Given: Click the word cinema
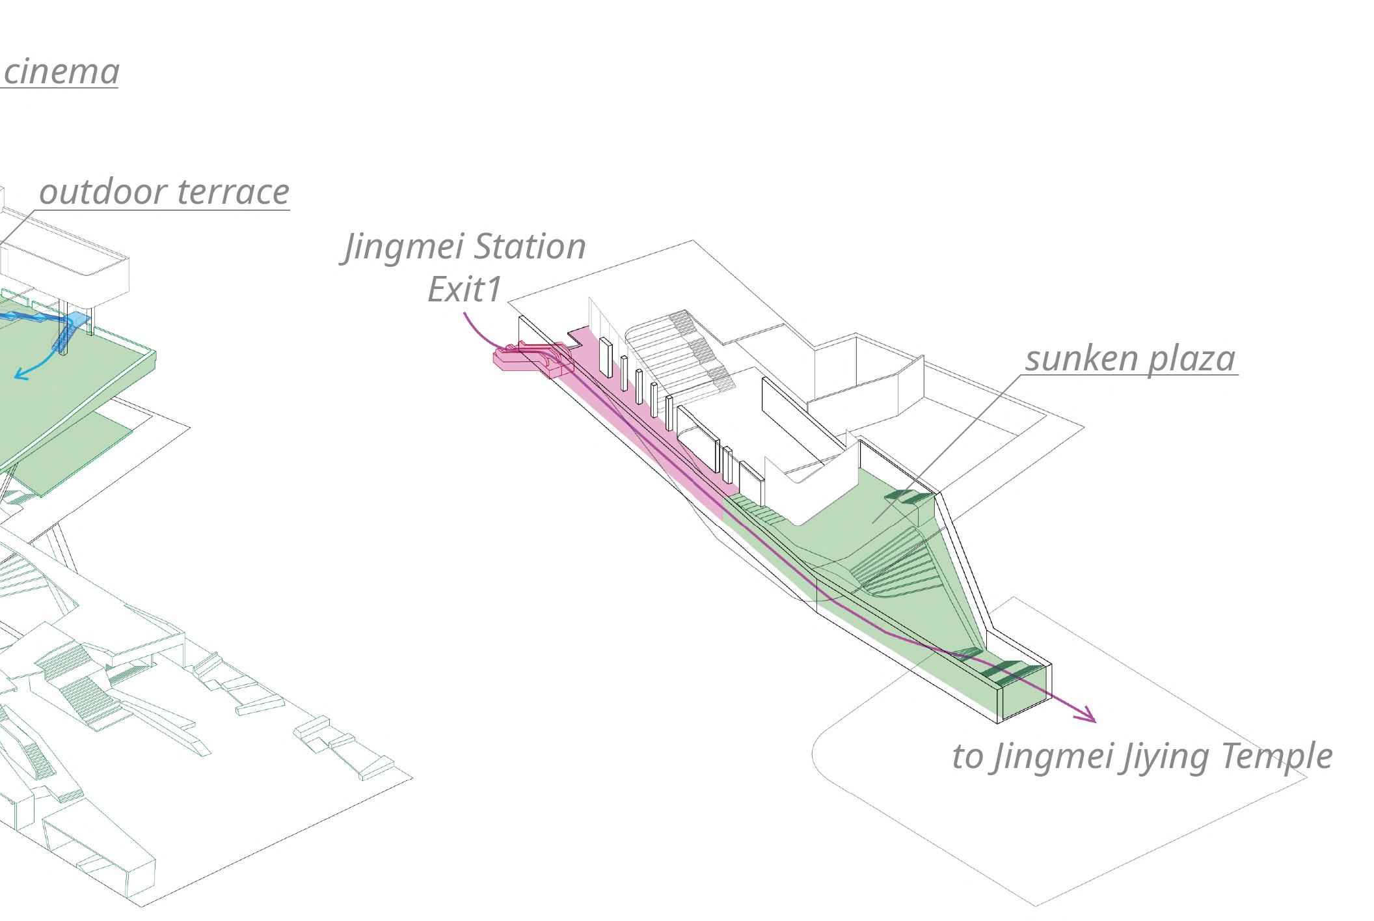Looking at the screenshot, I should coord(61,72).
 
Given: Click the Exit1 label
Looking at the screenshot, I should coord(465,290).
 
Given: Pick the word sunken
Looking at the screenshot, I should coord(1081,359).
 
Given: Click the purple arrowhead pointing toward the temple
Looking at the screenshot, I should coord(1086,715).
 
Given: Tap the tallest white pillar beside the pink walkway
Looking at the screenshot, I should coord(605,357).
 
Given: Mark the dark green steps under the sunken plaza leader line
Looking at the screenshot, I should coord(908,498).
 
